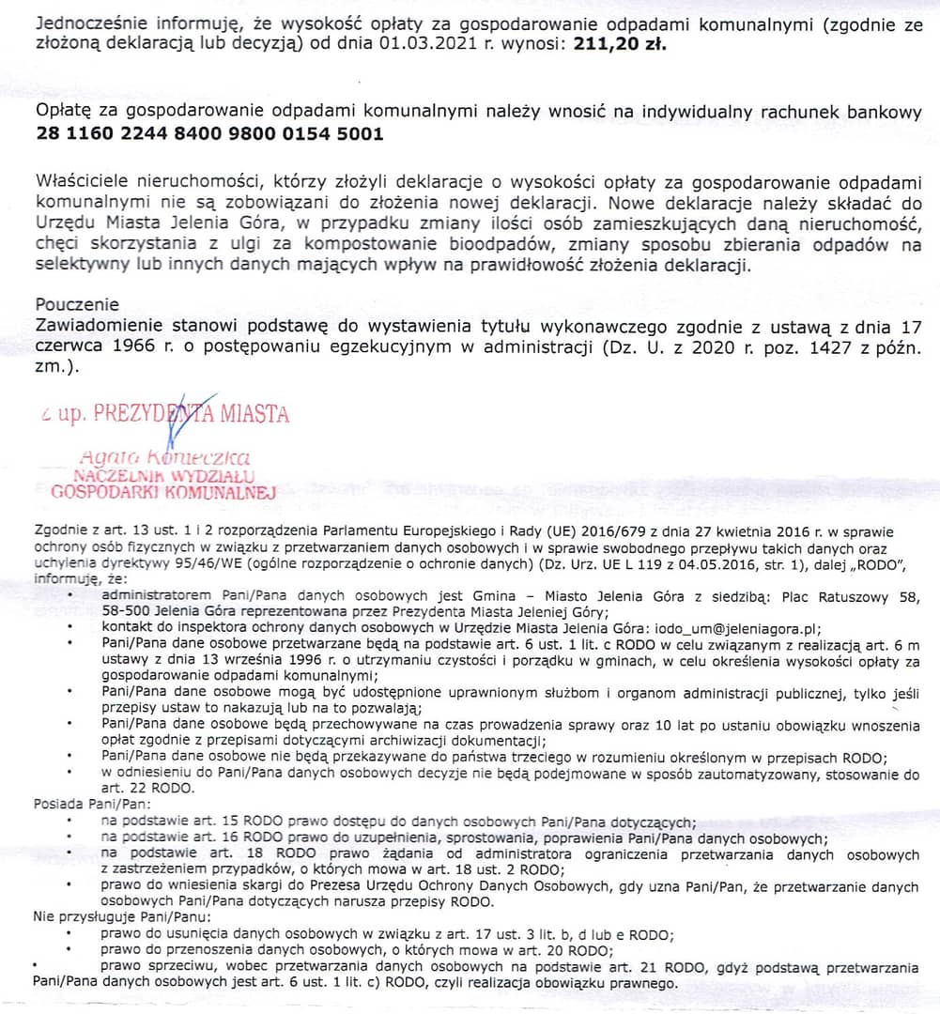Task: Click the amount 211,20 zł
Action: coord(614,43)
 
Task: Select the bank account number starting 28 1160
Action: coord(209,133)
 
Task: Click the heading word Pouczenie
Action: coord(77,304)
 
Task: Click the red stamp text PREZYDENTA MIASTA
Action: coord(192,414)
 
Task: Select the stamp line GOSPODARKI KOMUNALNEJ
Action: coord(162,491)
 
